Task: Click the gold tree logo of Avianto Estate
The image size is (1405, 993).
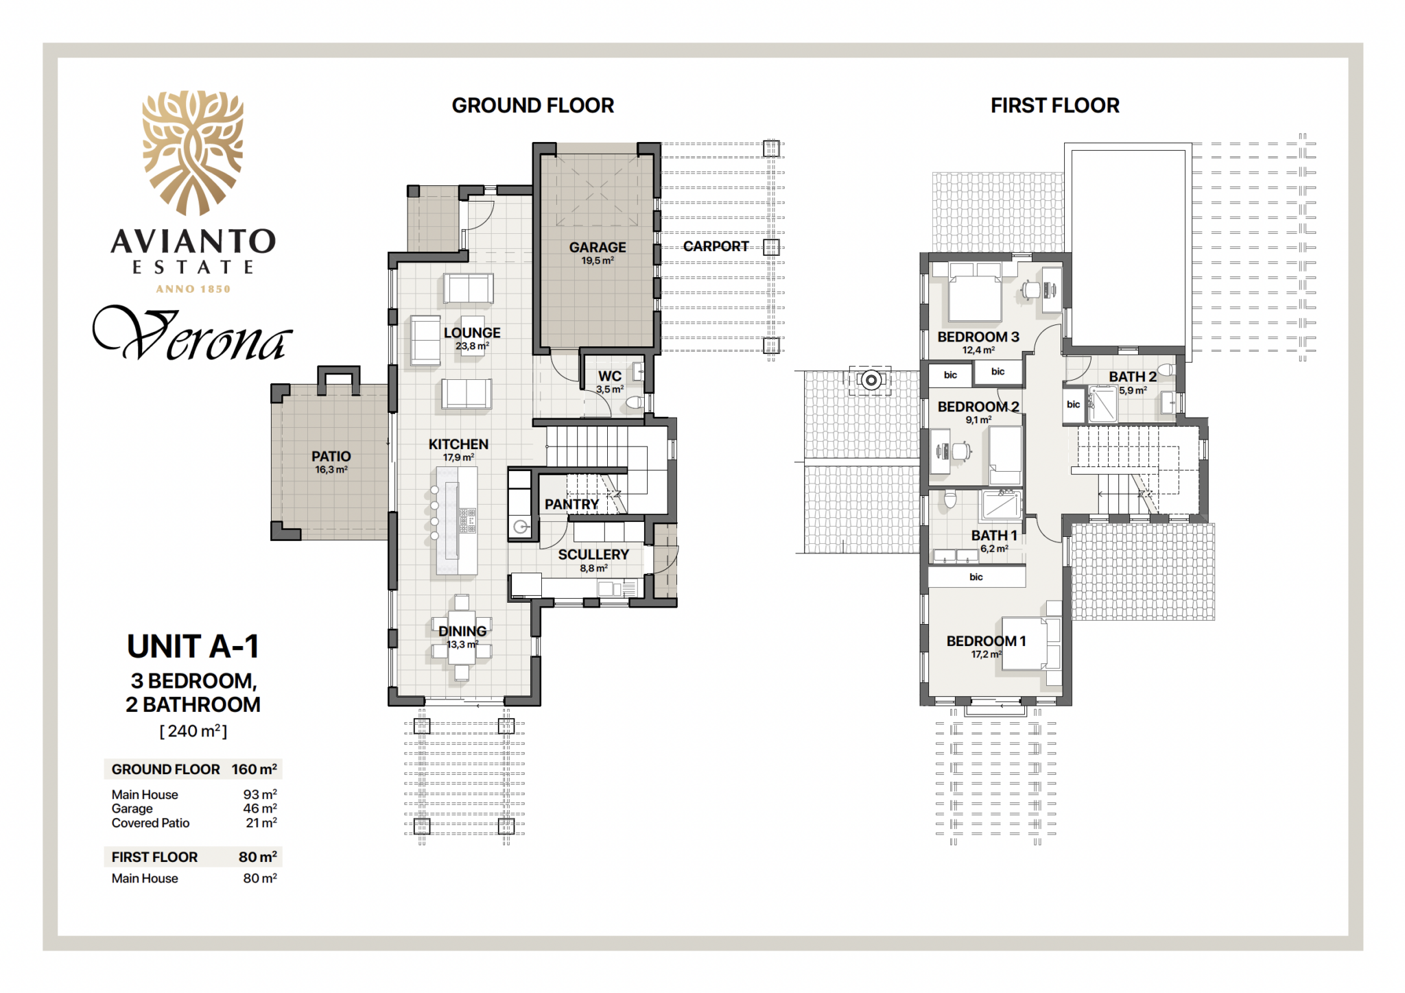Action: pos(193,153)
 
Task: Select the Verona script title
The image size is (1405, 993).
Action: pos(193,334)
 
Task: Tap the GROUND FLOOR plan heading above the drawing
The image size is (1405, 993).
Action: pos(533,106)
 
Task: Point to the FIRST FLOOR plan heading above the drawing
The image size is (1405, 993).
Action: pos(1055,106)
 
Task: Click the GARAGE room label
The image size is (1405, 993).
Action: pos(598,247)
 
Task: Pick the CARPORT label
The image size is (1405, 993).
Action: pos(716,246)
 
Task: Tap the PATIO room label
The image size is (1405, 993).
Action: pos(331,456)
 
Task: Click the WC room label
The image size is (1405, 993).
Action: pos(610,376)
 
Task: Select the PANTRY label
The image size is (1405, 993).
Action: pos(571,504)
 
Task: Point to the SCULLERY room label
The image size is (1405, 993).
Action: pos(593,554)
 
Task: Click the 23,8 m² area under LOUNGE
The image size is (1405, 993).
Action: pos(472,346)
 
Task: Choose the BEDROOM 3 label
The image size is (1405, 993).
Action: pos(978,337)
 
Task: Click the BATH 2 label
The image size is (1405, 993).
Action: pos(1133,376)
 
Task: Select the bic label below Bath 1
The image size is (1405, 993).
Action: pos(976,577)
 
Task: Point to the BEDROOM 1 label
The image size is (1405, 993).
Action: pos(986,641)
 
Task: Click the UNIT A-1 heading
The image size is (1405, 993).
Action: pos(193,646)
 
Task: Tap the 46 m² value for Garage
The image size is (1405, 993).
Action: pos(260,809)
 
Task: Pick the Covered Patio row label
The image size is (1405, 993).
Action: pos(150,823)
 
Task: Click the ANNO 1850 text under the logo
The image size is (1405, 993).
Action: pos(193,289)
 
